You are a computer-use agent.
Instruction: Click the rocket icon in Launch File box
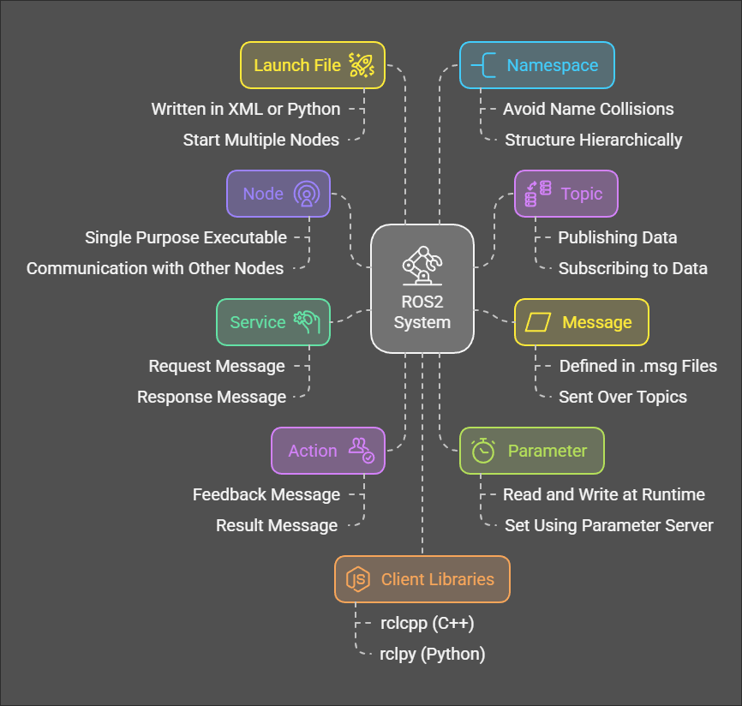[361, 65]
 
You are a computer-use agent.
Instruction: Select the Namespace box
[536, 65]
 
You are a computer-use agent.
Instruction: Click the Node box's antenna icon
[305, 194]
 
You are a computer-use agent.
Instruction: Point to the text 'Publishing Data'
[617, 237]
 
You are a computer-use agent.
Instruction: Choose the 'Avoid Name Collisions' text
[588, 109]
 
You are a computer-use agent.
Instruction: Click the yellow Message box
[581, 322]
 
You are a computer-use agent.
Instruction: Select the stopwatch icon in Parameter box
[483, 451]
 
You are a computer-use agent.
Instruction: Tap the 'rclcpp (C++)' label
[427, 623]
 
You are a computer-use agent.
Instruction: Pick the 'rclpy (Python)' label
[432, 654]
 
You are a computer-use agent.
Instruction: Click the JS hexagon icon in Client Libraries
[357, 579]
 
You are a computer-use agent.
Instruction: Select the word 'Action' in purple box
[312, 451]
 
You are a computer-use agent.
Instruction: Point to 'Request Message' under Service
[217, 366]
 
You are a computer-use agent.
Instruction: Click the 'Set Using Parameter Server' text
[608, 525]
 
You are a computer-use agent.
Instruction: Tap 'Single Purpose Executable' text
[185, 237]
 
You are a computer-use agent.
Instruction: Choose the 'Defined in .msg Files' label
[637, 366]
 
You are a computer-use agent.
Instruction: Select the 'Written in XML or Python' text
[246, 109]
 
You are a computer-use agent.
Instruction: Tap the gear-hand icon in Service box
[306, 322]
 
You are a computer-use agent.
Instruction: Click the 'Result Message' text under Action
[277, 525]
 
